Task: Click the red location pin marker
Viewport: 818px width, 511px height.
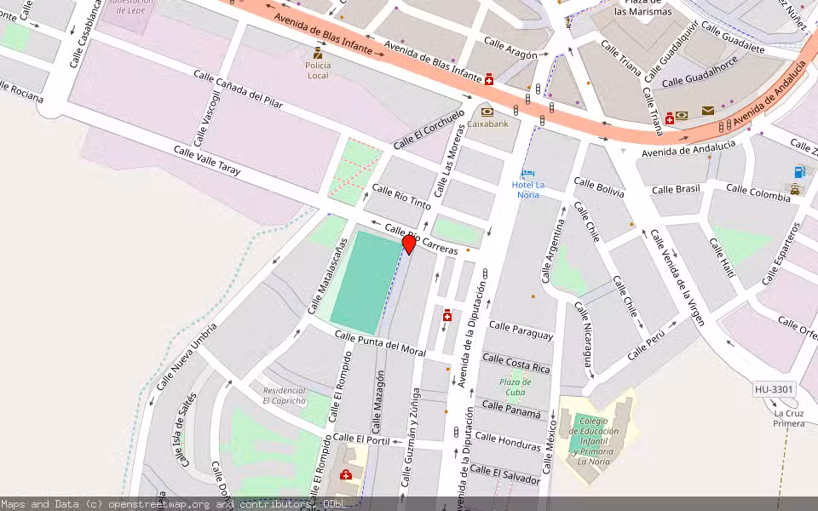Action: point(409,244)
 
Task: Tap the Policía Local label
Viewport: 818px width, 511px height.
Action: point(318,71)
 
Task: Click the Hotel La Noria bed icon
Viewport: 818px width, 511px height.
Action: point(527,175)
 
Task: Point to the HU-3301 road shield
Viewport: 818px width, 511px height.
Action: point(774,390)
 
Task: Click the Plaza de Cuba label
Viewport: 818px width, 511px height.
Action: point(515,388)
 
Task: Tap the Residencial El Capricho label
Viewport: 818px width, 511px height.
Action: point(284,395)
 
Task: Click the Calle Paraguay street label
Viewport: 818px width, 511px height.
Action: point(521,330)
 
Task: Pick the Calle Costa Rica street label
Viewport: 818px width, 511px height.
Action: point(516,364)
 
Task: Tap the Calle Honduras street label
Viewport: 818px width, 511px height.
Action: point(508,441)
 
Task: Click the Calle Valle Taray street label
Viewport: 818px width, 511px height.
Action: point(207,160)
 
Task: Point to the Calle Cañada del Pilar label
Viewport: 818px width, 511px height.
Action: point(238,89)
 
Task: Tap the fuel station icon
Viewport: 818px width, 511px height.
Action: point(800,171)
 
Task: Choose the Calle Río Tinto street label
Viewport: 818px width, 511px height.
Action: point(401,197)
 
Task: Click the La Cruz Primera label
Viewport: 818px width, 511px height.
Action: point(789,418)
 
